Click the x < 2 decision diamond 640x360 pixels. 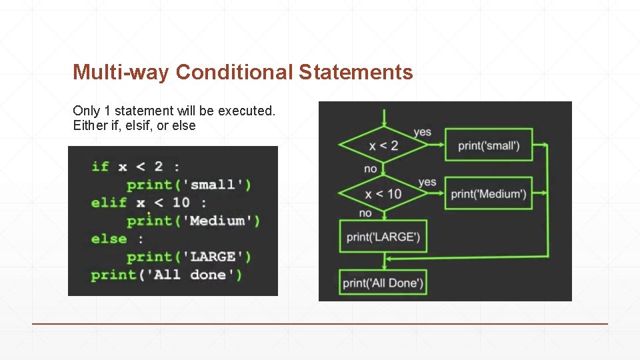pyautogui.click(x=383, y=145)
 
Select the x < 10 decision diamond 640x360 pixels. pyautogui.click(x=383, y=194)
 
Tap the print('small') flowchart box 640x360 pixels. pyautogui.click(x=489, y=145)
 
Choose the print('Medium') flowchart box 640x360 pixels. pyautogui.click(x=489, y=194)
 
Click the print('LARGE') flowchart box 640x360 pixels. pyautogui.click(x=383, y=237)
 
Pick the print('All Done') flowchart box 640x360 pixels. pyautogui.click(x=383, y=283)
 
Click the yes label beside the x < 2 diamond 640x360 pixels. pyautogui.click(x=422, y=132)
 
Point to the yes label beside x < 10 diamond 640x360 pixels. pyautogui.click(x=427, y=182)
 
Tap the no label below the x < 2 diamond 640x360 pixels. pyautogui.click(x=371, y=169)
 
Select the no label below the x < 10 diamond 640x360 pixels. pyautogui.click(x=365, y=213)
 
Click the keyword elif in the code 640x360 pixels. pyautogui.click(x=109, y=203)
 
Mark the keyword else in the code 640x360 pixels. pyautogui.click(x=109, y=239)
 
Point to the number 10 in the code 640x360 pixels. pyautogui.click(x=181, y=203)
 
